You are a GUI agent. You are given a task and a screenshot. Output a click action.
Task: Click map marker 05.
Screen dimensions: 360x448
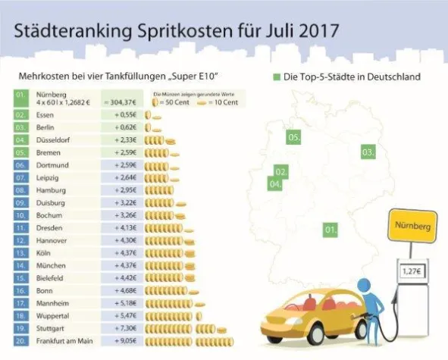pos(293,137)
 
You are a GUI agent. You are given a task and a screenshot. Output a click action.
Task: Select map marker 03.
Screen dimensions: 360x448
pos(368,152)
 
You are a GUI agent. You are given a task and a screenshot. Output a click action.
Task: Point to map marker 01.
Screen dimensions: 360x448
pos(330,228)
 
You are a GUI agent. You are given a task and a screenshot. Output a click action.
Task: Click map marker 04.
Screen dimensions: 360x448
pos(276,183)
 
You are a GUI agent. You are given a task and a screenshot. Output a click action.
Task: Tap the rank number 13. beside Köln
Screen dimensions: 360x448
pos(22,253)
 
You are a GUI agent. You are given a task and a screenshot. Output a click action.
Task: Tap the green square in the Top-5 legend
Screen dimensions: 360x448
pos(277,77)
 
